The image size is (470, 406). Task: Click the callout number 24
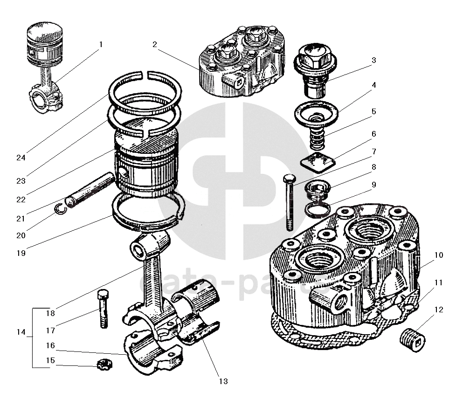pos(21,157)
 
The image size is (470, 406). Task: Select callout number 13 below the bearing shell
pos(223,381)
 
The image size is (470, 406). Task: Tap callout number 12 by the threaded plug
pos(439,310)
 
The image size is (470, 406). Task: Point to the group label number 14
pos(21,332)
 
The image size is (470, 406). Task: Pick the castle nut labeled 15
pos(104,364)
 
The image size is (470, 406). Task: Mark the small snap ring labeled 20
pos(60,209)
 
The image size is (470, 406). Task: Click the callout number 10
pos(439,255)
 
